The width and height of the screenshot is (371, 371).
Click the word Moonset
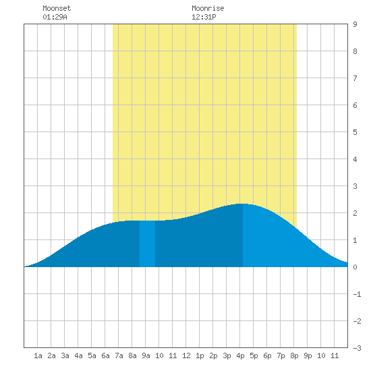[x=57, y=8]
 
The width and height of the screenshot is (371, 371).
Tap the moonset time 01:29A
[x=55, y=17]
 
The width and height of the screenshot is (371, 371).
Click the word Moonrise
[x=208, y=8]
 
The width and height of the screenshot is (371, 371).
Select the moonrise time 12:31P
[x=204, y=17]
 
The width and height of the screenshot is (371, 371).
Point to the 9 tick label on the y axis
[x=355, y=24]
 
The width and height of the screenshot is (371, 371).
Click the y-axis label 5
[x=355, y=132]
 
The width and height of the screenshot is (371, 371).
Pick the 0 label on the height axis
[x=355, y=267]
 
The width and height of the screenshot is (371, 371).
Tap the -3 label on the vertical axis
[x=357, y=348]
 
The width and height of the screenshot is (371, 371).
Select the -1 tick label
[x=357, y=294]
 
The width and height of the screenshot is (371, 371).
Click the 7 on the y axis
[x=355, y=78]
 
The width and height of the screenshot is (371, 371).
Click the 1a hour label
[x=38, y=355]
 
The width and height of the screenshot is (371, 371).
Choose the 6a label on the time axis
[x=105, y=355]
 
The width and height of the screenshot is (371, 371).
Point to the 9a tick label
[x=146, y=355]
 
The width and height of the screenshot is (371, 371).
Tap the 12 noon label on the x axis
[x=186, y=355]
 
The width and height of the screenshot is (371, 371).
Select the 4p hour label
[x=240, y=355]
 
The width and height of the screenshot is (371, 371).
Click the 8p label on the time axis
[x=294, y=355]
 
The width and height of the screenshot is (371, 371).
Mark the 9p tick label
[x=308, y=355]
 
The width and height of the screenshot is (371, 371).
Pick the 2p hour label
[x=213, y=355]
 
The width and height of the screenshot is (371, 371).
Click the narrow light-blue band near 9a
[x=148, y=244]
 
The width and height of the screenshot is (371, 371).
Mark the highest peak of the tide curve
[x=242, y=204]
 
